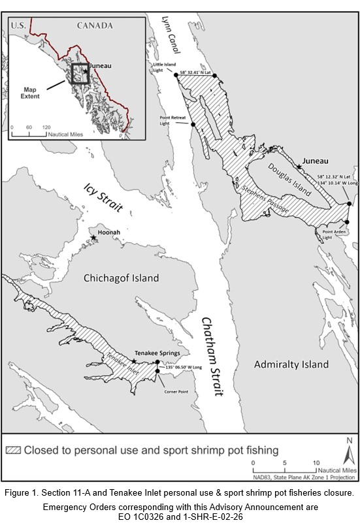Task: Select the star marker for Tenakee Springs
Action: click(134, 361)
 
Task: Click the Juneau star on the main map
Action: click(299, 167)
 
